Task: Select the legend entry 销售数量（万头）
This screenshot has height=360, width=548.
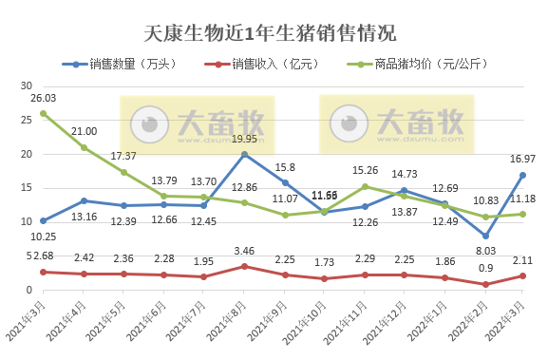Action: (x=129, y=65)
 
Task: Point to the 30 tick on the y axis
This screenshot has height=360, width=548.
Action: (x=27, y=85)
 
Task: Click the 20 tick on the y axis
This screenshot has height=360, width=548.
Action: (x=27, y=154)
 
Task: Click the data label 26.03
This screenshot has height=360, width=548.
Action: (x=44, y=98)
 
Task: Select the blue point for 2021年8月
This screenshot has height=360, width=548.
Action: (x=244, y=155)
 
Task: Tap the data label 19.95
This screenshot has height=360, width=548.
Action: (x=245, y=140)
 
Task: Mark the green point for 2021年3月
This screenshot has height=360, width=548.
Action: (x=44, y=113)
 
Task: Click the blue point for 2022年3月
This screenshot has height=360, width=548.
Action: (x=523, y=175)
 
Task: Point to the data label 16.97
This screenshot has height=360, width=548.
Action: (x=521, y=159)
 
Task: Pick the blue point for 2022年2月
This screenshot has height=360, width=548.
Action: (x=485, y=236)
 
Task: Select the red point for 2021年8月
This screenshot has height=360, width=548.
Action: (x=244, y=267)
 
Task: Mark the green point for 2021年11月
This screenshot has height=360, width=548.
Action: (x=365, y=186)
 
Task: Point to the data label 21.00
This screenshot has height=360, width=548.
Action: (x=84, y=132)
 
